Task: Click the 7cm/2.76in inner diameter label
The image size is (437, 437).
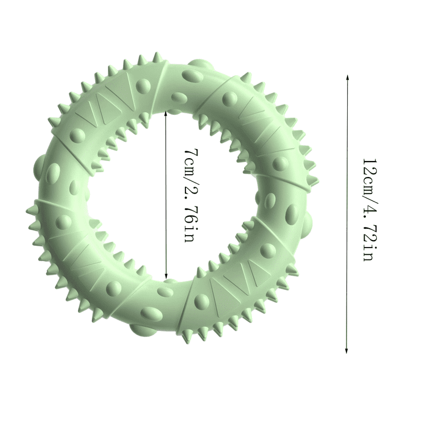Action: click(192, 195)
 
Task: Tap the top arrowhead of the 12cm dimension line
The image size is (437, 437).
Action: click(347, 77)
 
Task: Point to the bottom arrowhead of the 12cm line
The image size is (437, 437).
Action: click(347, 351)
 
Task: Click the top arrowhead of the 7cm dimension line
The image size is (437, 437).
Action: click(166, 113)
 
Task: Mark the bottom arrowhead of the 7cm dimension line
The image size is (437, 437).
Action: click(166, 276)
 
